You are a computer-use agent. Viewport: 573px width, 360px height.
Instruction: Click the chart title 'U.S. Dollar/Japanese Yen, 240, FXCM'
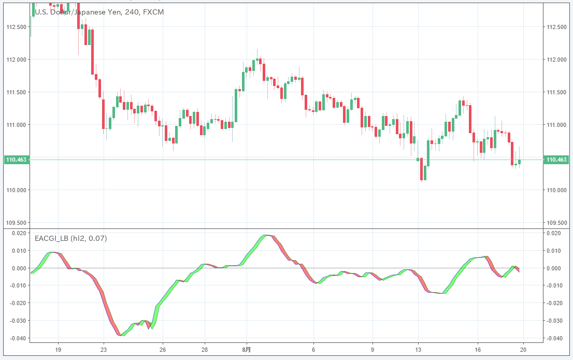[x=99, y=11]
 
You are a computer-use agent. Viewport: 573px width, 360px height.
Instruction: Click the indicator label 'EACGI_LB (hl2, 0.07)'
[x=71, y=239]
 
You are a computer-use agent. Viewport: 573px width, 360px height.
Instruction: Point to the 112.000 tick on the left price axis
[x=17, y=60]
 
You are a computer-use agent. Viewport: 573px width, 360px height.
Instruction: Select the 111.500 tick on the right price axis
[x=557, y=92]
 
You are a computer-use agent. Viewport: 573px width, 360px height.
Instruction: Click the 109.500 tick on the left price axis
[x=17, y=223]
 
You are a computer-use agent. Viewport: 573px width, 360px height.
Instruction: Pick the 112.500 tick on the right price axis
[x=557, y=27]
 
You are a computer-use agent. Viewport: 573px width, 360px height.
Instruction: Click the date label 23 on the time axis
[x=104, y=349]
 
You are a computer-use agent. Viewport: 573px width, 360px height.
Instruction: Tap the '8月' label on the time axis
[x=247, y=349]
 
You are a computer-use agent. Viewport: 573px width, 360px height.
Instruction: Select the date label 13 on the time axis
[x=418, y=349]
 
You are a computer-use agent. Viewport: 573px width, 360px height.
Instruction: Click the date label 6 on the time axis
[x=313, y=349]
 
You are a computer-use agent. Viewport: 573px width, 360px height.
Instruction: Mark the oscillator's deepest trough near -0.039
[x=120, y=335]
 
